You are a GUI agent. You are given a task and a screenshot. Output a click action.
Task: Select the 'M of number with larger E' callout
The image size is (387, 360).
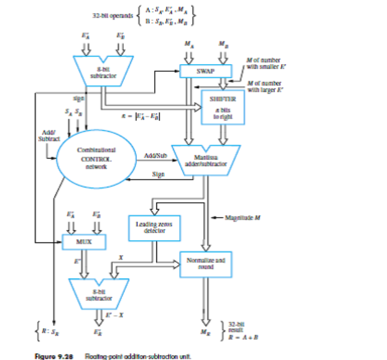pos(264,87)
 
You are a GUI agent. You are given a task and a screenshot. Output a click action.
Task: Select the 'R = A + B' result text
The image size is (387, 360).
pos(242,332)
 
